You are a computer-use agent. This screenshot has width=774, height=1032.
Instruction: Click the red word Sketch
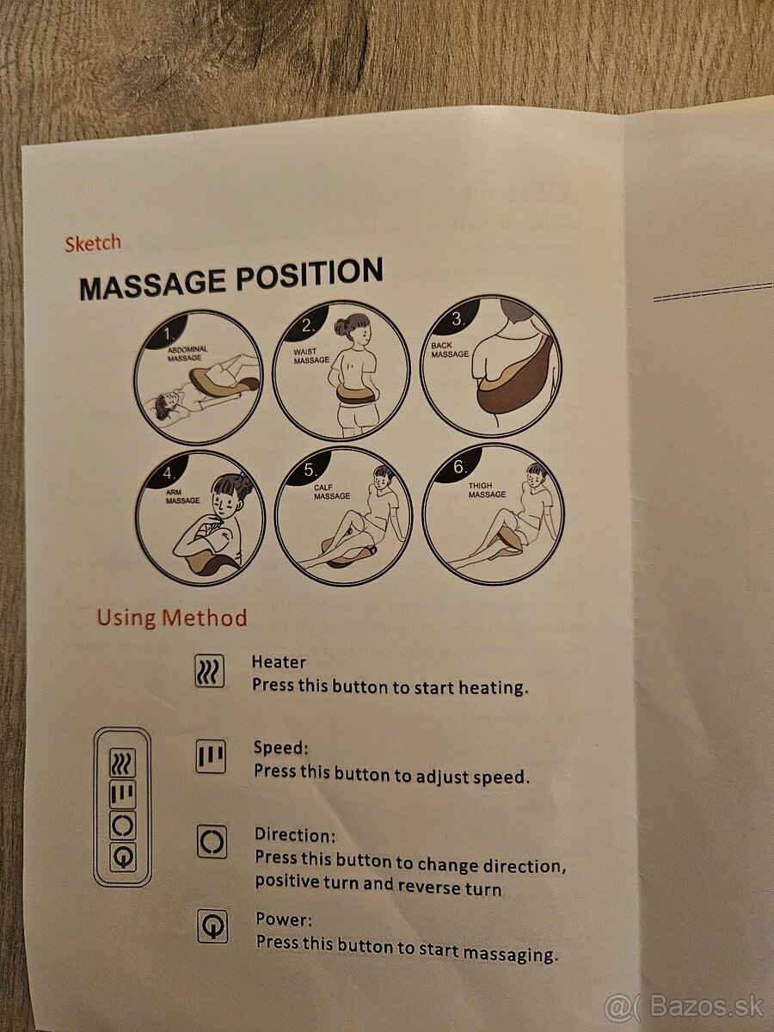(x=93, y=243)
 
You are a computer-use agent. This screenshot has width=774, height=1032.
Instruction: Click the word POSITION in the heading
(x=310, y=275)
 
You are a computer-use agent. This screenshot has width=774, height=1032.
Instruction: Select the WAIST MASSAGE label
(x=311, y=356)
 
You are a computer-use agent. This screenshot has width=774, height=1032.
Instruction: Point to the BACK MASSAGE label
(x=449, y=350)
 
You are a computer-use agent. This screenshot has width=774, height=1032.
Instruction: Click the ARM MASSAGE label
(x=182, y=496)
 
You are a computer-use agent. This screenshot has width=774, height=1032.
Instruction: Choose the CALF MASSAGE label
(x=332, y=492)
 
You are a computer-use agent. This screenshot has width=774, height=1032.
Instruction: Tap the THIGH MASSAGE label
(x=487, y=490)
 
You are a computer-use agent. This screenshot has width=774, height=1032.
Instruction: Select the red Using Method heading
(x=171, y=617)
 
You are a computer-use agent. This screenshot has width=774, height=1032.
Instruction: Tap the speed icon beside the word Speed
(x=211, y=757)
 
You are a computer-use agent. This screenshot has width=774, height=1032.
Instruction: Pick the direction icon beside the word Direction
(x=212, y=842)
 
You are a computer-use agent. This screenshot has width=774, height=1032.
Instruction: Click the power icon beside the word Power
(x=213, y=926)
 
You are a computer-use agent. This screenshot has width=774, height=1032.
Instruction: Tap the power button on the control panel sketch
(x=123, y=857)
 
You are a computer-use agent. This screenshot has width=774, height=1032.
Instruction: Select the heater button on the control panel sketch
(x=123, y=763)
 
